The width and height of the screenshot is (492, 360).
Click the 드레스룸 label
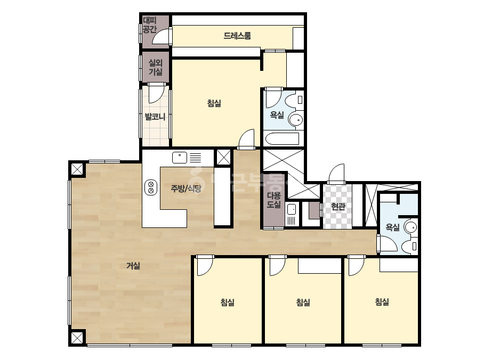click(x=237, y=36)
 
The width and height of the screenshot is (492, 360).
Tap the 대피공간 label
click(x=150, y=25)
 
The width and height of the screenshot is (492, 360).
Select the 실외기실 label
click(x=155, y=67)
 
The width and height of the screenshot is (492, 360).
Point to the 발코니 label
click(x=155, y=117)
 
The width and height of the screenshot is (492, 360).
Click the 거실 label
click(x=133, y=266)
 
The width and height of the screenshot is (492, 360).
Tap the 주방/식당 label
click(x=185, y=188)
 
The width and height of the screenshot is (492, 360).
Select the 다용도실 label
click(x=273, y=200)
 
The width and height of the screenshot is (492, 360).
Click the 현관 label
click(x=338, y=206)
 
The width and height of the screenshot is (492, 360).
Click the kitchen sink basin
click(x=180, y=158)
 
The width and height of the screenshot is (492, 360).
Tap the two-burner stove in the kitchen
click(x=151, y=187)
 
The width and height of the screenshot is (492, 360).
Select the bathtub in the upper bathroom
click(x=282, y=138)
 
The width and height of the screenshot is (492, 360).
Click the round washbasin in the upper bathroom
click(x=295, y=119)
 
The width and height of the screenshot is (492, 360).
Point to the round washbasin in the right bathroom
click(x=411, y=227)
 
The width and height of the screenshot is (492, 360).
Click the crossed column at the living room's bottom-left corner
click(x=77, y=338)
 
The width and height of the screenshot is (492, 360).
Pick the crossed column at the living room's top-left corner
click(x=77, y=169)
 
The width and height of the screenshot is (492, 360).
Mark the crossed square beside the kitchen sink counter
click(x=224, y=157)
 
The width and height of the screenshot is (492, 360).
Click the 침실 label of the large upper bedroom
click(x=214, y=103)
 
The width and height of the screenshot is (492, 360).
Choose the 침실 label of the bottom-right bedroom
click(x=382, y=301)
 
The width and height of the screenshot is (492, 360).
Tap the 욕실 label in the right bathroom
click(x=392, y=227)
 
